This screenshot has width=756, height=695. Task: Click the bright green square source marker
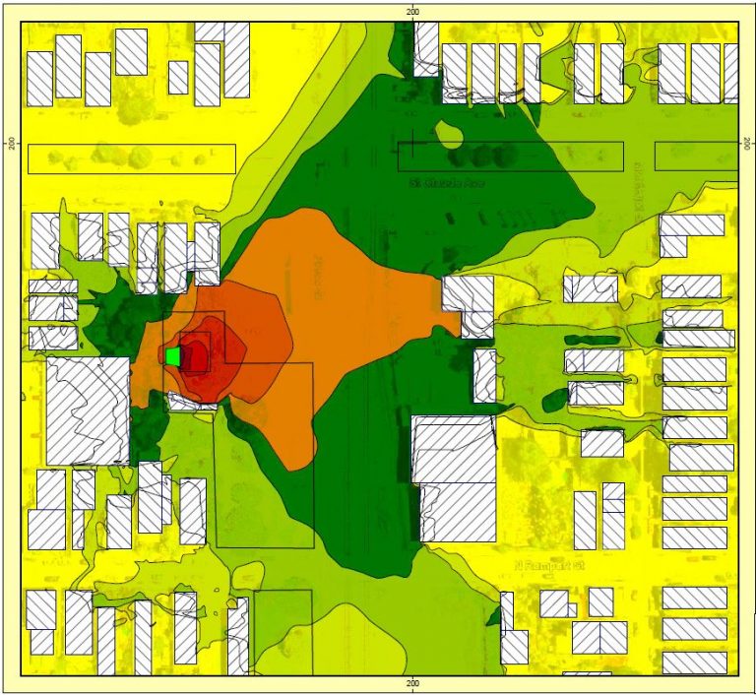coord(173,356)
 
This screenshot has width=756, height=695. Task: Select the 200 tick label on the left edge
coord(12,143)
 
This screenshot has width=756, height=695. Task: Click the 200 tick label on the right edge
coord(745,143)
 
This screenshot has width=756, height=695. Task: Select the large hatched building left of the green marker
coord(87,411)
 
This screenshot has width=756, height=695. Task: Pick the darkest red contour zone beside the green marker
coord(196,356)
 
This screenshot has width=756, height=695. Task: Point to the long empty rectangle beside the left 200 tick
coord(131,158)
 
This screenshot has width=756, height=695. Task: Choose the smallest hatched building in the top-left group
coord(178,77)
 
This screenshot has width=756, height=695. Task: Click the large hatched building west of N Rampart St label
coord(454,477)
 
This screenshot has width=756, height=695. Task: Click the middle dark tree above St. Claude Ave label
coord(481,157)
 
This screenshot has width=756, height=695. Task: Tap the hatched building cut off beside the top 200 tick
coord(425,47)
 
